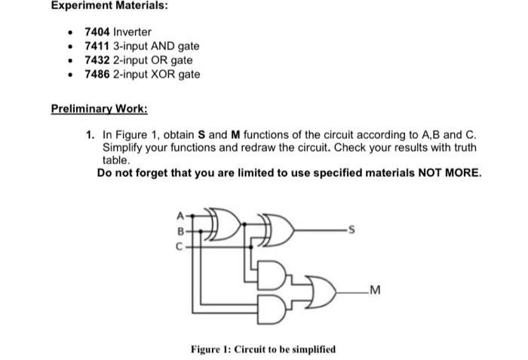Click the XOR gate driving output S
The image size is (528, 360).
(x=277, y=229)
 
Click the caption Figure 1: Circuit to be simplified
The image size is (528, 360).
(x=263, y=349)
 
